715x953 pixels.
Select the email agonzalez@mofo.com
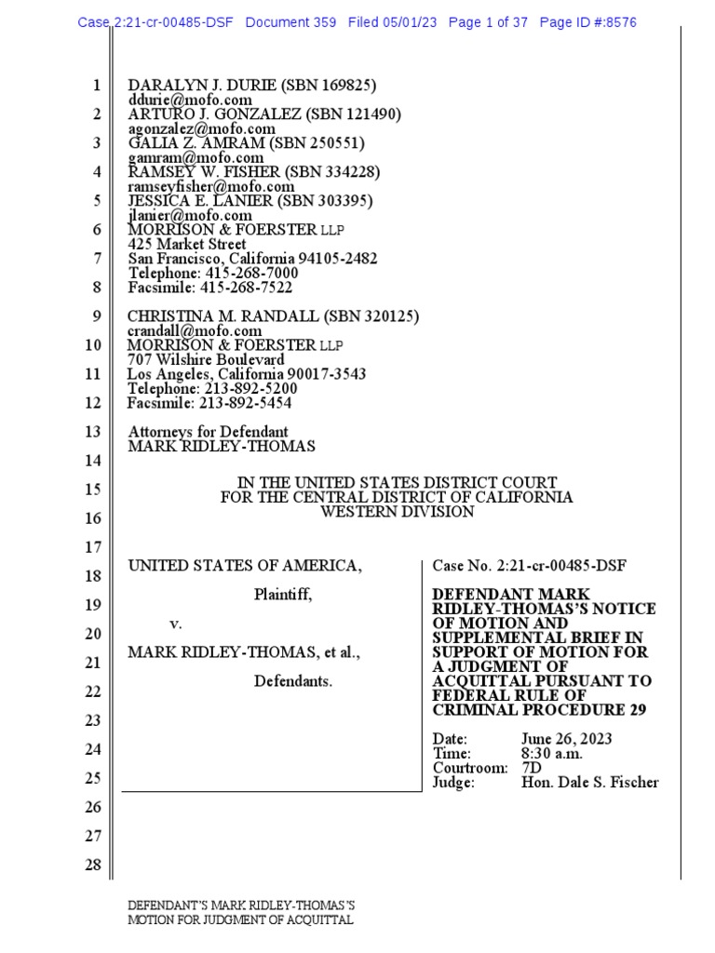point(201,128)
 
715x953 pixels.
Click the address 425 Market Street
point(186,245)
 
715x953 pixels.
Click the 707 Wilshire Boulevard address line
point(206,359)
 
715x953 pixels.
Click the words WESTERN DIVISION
point(397,512)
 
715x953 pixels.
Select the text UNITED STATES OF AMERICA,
point(244,566)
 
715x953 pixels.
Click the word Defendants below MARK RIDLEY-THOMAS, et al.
point(293,681)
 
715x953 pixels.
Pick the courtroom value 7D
point(532,768)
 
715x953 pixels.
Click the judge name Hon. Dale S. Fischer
point(589,783)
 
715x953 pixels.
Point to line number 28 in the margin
point(93,866)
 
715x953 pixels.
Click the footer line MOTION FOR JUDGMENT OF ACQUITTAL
point(240,920)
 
